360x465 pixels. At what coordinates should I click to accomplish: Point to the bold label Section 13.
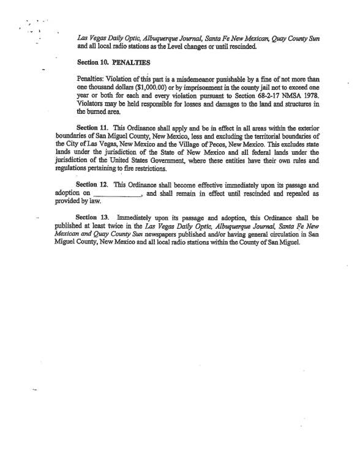[91, 217]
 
